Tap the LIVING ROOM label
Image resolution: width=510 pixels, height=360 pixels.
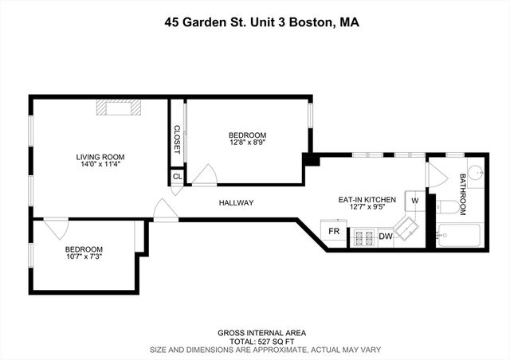coord(100,157)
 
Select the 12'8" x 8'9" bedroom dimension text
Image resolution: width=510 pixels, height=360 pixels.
coord(248,144)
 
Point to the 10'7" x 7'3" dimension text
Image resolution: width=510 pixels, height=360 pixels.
coord(84,256)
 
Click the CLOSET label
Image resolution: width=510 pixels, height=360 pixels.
coord(177,139)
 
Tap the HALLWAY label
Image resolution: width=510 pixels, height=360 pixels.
coord(237,203)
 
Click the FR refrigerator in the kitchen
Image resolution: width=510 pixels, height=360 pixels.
coord(335,233)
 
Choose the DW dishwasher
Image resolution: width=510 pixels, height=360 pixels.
coord(386,237)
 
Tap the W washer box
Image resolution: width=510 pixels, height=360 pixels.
coord(414,201)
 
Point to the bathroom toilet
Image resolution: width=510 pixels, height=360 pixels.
coord(448,208)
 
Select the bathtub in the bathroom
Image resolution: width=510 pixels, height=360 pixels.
coord(458,236)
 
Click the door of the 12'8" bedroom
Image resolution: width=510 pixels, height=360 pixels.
coord(206,176)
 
